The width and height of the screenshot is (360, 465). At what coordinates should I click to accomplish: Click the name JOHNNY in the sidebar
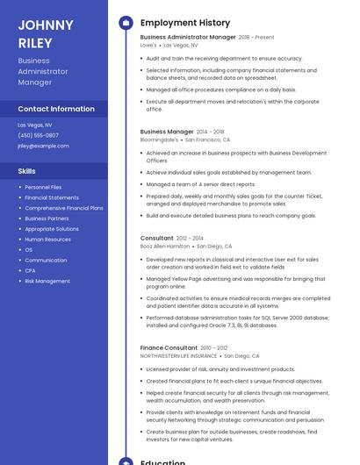pos(46,25)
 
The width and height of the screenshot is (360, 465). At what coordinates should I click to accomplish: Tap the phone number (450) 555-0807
pos(38,135)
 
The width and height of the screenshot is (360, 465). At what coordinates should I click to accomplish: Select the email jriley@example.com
pos(43,146)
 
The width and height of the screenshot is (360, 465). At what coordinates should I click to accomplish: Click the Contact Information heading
pos(56,109)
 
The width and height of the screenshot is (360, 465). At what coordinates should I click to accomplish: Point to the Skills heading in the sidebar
pos(27,171)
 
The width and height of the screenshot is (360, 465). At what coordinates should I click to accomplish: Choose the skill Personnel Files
pos(43,187)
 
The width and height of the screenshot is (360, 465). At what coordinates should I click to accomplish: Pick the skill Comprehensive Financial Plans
pos(64,208)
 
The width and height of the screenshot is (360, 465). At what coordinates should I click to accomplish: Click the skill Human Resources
pos(47,240)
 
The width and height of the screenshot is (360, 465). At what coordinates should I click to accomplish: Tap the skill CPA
pos(30,271)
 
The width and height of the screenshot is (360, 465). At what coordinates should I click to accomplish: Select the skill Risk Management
pos(47,282)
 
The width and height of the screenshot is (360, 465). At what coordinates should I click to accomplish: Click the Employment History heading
pos(185,23)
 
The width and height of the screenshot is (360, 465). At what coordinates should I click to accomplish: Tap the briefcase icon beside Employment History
pos(126,23)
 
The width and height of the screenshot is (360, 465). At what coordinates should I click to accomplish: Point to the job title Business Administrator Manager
pos(188,38)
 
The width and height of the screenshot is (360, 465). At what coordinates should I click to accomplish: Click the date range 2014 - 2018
pos(211,132)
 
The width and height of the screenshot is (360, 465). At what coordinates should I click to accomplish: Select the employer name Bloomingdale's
pos(159,139)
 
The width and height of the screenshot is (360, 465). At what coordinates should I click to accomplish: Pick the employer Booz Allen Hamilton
pos(165,247)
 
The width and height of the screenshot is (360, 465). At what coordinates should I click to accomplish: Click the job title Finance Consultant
pos(169,348)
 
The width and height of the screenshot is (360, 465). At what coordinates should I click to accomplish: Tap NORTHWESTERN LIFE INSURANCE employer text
pos(178,356)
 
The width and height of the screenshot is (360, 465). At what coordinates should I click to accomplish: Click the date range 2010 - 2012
pos(214,348)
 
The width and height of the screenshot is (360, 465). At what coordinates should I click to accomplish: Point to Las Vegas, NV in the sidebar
pos(35,125)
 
